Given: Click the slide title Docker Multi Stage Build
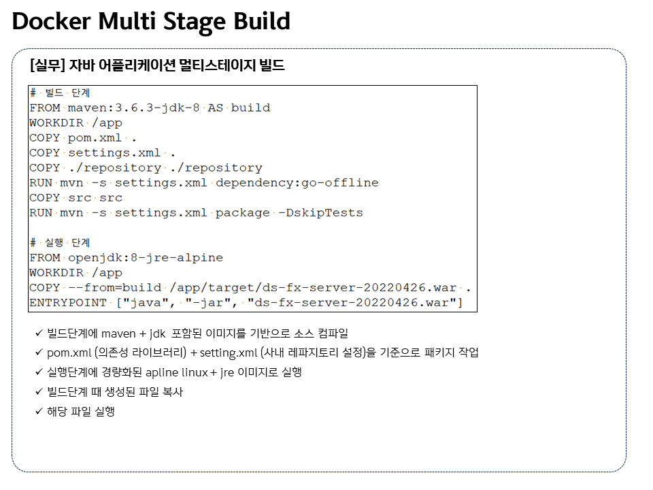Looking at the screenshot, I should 151,22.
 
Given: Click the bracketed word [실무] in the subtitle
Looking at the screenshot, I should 45,66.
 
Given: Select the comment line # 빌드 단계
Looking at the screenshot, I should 60,93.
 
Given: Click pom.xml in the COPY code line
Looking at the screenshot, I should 97,137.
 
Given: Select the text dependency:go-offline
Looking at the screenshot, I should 297,182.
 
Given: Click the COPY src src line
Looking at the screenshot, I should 76,197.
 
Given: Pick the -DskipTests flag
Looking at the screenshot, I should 320,212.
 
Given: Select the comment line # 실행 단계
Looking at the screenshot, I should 60,242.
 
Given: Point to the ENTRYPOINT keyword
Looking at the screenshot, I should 67,302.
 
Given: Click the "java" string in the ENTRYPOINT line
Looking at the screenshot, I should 146,302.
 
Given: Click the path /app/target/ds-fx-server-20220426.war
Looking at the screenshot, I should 312,287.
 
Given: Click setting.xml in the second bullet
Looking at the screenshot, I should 231,353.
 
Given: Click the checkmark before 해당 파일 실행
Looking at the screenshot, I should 39,412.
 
